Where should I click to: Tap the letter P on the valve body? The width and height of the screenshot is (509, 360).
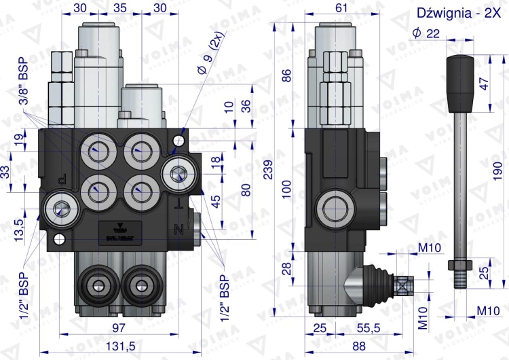pyautogui.click(x=62, y=179)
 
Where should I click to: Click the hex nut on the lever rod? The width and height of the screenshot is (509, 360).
pyautogui.click(x=459, y=264)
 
